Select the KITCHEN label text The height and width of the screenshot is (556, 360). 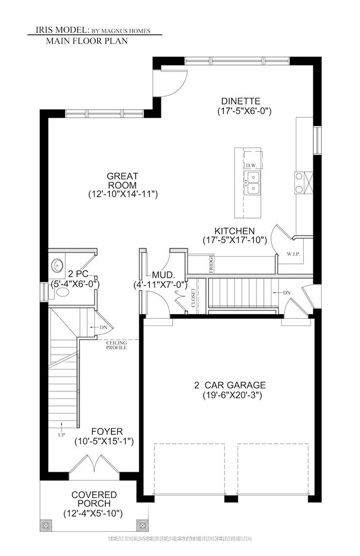coord(235,230)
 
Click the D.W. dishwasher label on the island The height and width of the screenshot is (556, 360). coord(250,165)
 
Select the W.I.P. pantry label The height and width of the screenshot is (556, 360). coord(292,253)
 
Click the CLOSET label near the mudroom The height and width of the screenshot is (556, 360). coord(193,298)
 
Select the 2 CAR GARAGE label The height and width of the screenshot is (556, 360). coord(229,385)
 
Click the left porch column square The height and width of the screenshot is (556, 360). coord(46,526)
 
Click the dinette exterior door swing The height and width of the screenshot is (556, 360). coord(171,83)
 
